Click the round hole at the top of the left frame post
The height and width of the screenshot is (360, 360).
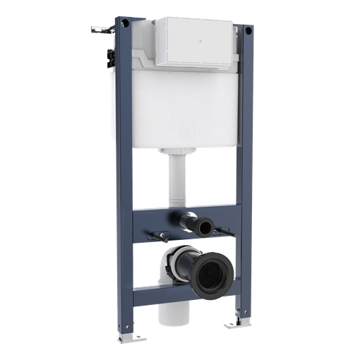pos(125,25)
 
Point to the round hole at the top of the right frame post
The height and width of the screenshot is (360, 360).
pos(247,30)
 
